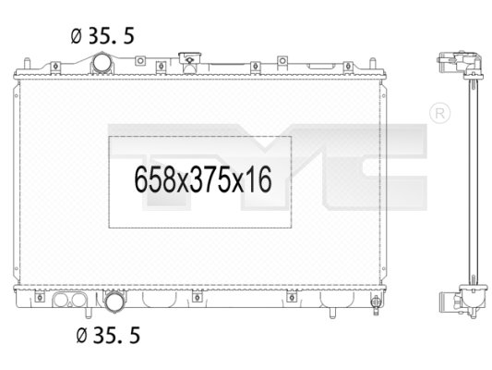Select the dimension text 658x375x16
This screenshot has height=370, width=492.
[x=202, y=180]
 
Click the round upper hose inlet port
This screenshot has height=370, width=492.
[x=101, y=64]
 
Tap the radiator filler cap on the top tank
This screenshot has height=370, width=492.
[x=190, y=63]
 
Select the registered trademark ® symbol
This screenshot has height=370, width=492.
[x=440, y=114]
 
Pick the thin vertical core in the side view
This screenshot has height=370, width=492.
[x=471, y=185]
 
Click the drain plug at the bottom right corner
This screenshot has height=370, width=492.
[x=375, y=303]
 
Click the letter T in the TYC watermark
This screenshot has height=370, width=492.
[x=152, y=148]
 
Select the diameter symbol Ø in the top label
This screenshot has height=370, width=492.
[x=77, y=37]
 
